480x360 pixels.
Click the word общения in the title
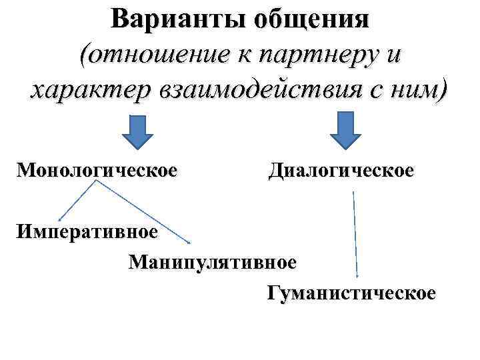pyautogui.click(x=311, y=18)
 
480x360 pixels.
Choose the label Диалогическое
pyautogui.click(x=341, y=170)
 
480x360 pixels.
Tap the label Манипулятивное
pyautogui.click(x=213, y=261)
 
